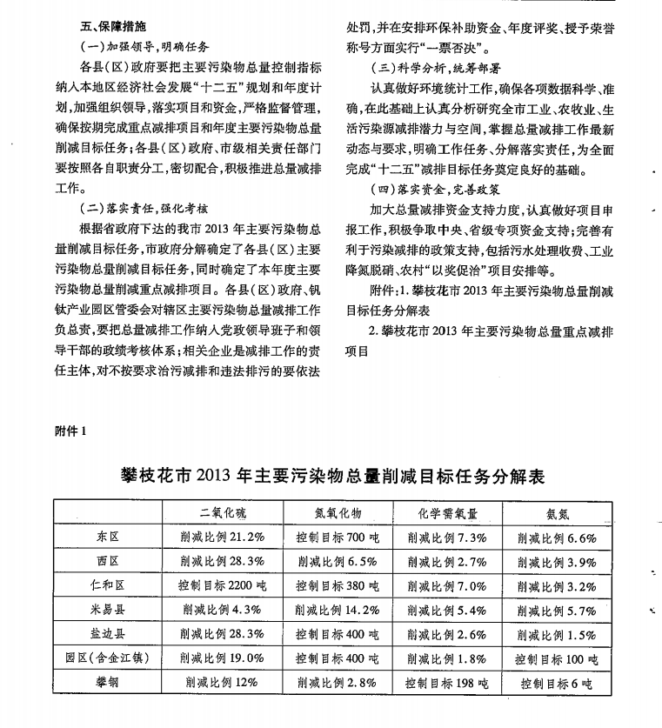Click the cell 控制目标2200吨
point(222,586)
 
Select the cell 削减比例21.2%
point(222,538)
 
